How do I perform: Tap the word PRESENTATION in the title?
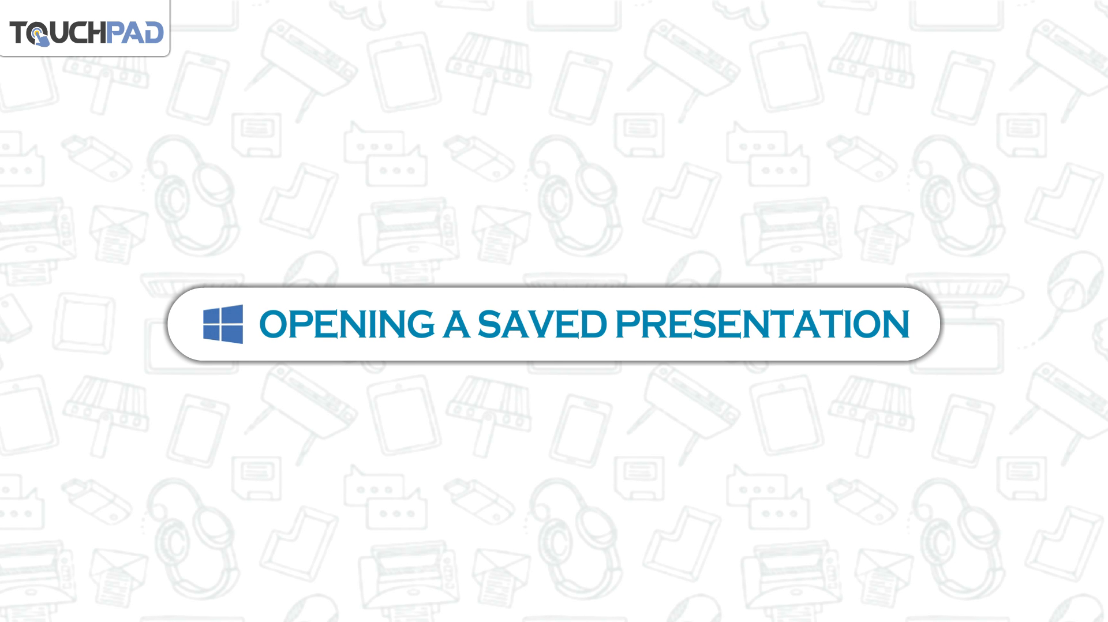[763, 324]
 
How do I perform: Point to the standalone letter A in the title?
[456, 324]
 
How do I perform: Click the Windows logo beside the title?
[223, 324]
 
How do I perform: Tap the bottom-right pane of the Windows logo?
[233, 334]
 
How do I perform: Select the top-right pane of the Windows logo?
[233, 314]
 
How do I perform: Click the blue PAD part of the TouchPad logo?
[134, 32]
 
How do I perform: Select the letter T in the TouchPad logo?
[19, 33]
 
